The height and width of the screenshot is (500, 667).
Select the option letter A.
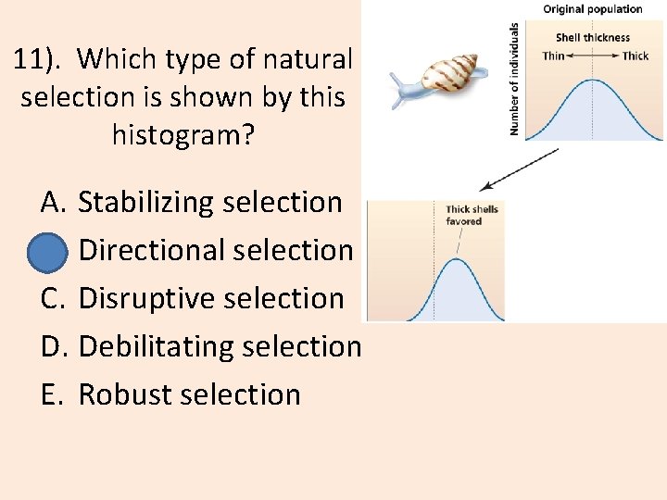pyautogui.click(x=51, y=202)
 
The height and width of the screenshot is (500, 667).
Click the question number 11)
pyautogui.click(x=41, y=59)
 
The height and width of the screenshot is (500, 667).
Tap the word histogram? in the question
pyautogui.click(x=182, y=135)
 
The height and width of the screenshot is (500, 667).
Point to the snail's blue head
pyautogui.click(x=400, y=87)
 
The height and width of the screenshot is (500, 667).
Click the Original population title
pyautogui.click(x=592, y=9)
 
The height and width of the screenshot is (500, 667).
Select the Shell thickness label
pyautogui.click(x=592, y=38)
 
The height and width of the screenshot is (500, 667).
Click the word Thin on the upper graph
pyautogui.click(x=553, y=56)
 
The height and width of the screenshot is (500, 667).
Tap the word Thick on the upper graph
pyautogui.click(x=636, y=56)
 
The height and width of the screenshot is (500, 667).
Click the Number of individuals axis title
pyautogui.click(x=515, y=80)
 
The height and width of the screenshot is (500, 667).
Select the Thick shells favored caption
pyautogui.click(x=472, y=215)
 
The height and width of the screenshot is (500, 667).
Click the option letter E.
pyautogui.click(x=51, y=394)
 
